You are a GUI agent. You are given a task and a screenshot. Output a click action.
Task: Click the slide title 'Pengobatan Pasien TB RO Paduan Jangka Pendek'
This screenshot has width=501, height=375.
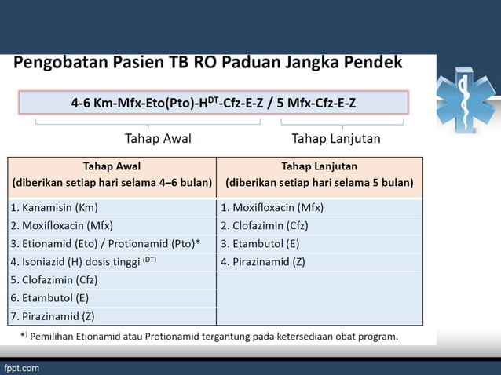208,62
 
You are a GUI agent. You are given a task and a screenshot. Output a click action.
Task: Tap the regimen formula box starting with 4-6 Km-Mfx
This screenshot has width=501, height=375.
213,103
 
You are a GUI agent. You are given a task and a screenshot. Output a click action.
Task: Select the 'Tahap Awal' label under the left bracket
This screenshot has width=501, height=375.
158,139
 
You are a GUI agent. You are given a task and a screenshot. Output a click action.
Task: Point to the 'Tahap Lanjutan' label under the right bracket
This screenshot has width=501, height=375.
336,139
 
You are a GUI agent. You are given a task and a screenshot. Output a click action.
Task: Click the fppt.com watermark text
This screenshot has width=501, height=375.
21,367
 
